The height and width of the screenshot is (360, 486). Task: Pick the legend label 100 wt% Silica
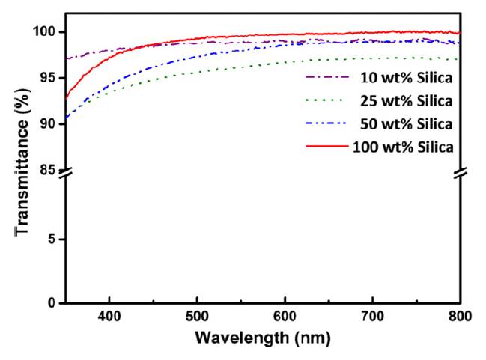click(x=402, y=147)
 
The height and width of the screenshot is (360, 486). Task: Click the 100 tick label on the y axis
click(x=46, y=32)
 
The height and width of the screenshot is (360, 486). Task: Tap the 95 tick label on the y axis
click(x=49, y=78)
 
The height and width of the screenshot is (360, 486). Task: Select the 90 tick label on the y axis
click(x=49, y=123)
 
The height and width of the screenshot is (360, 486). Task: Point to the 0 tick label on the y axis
click(x=53, y=303)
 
